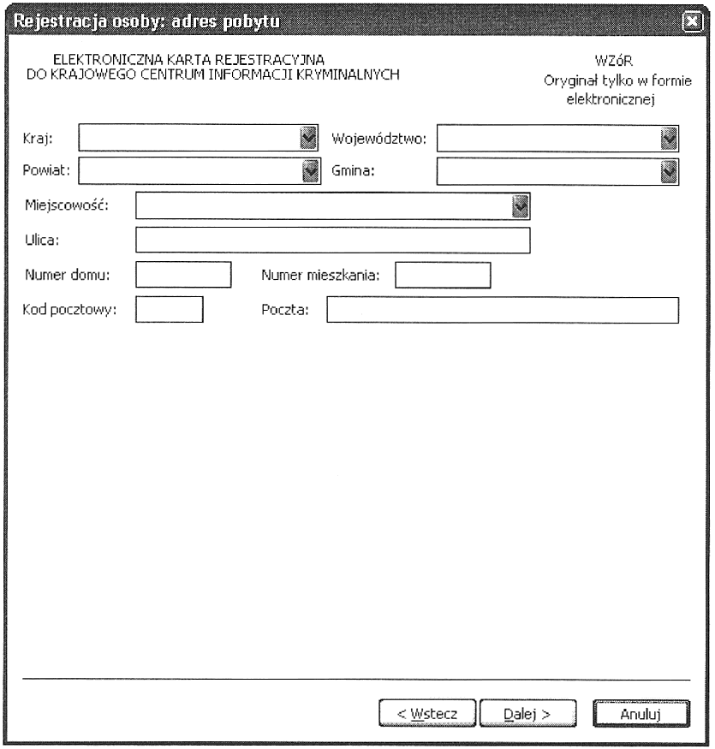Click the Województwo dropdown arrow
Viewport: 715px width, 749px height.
(x=670, y=138)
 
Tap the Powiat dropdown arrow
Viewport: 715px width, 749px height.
(x=311, y=171)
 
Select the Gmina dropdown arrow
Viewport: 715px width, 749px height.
(x=670, y=171)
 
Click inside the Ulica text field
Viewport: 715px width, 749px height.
(x=332, y=241)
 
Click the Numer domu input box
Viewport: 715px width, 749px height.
(x=184, y=275)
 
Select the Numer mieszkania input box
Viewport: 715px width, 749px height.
(x=442, y=275)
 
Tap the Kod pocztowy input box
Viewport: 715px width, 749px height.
(x=170, y=309)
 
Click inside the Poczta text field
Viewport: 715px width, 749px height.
(x=502, y=309)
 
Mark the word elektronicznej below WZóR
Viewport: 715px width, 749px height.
(x=617, y=98)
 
